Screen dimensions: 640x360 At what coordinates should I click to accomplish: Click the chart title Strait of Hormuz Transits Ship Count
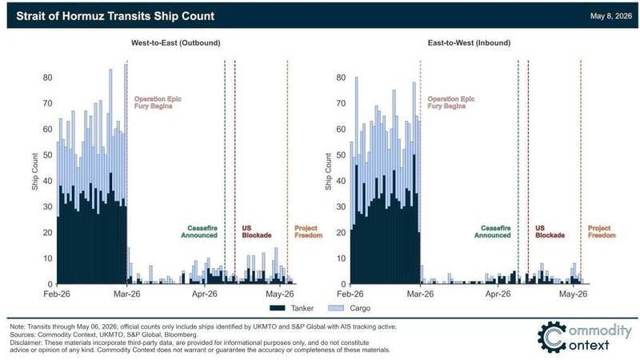pyautogui.click(x=115, y=16)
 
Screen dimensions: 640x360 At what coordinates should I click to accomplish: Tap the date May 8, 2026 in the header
pyautogui.click(x=610, y=16)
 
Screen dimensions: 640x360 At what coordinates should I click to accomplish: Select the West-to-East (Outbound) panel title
pyautogui.click(x=175, y=43)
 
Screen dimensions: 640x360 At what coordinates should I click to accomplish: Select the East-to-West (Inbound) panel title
pyautogui.click(x=469, y=43)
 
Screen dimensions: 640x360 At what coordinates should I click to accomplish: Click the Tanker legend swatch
pyautogui.click(x=277, y=308)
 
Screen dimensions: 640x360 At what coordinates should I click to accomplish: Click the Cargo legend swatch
pyautogui.click(x=336, y=308)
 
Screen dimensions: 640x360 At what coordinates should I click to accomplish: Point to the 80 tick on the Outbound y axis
pyautogui.click(x=48, y=78)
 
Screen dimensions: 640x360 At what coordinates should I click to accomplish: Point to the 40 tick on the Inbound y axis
pyautogui.click(x=341, y=181)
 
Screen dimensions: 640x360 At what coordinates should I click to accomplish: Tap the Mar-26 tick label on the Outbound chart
pyautogui.click(x=127, y=294)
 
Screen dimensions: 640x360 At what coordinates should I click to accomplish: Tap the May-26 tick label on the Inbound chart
pyautogui.click(x=573, y=294)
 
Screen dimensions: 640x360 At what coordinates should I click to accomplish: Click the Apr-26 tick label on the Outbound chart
pyautogui.click(x=205, y=294)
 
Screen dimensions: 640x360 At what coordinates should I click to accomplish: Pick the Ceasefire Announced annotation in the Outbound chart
pyautogui.click(x=199, y=232)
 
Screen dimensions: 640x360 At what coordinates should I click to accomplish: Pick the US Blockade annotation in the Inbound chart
pyautogui.click(x=550, y=232)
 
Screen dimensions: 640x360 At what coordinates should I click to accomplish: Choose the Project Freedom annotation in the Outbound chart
pyautogui.click(x=309, y=232)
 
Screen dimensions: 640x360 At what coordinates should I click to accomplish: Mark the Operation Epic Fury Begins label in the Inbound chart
pyautogui.click(x=451, y=102)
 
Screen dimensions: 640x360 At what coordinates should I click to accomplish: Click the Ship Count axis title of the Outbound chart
pyautogui.click(x=35, y=171)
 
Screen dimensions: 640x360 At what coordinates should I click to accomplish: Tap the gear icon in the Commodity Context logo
pyautogui.click(x=552, y=337)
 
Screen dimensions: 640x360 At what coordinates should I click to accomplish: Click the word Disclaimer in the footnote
pyautogui.click(x=26, y=342)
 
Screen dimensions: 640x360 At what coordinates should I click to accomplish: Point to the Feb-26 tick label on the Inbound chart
pyautogui.click(x=350, y=294)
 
